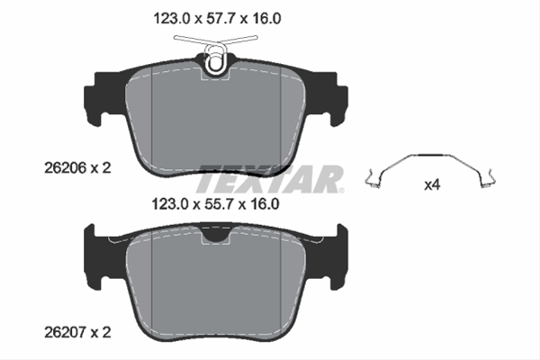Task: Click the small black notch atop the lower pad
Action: [215, 236]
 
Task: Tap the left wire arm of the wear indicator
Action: [191, 39]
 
